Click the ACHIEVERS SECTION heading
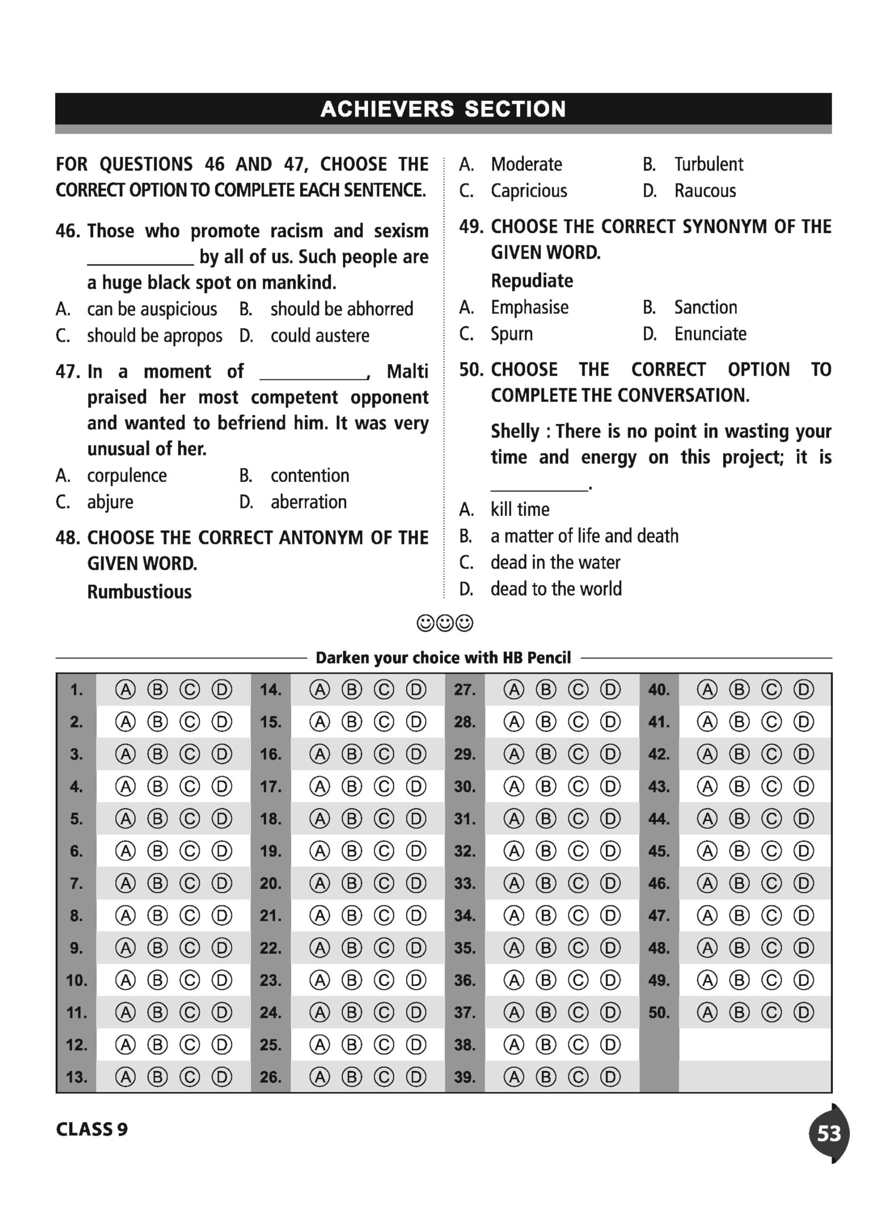tap(443, 109)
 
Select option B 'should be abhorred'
tap(342, 309)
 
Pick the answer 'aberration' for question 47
tap(309, 502)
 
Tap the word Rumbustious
tap(139, 592)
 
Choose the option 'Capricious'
tap(529, 191)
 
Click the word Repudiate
tap(531, 281)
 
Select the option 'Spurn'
tap(511, 334)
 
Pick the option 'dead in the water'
tap(555, 562)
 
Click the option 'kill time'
tap(519, 509)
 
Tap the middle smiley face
tap(445, 623)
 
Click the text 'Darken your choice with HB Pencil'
tap(443, 658)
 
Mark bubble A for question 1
tap(125, 690)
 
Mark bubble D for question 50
tap(803, 1012)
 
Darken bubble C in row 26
tap(384, 1077)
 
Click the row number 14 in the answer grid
tap(270, 690)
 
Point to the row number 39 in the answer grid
tap(464, 1077)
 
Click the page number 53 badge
tap(828, 1133)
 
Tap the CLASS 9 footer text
tap(92, 1129)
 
